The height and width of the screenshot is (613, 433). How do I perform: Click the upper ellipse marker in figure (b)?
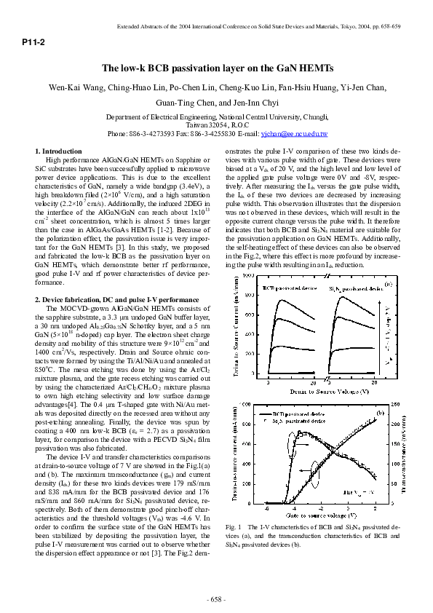tap(298, 435)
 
